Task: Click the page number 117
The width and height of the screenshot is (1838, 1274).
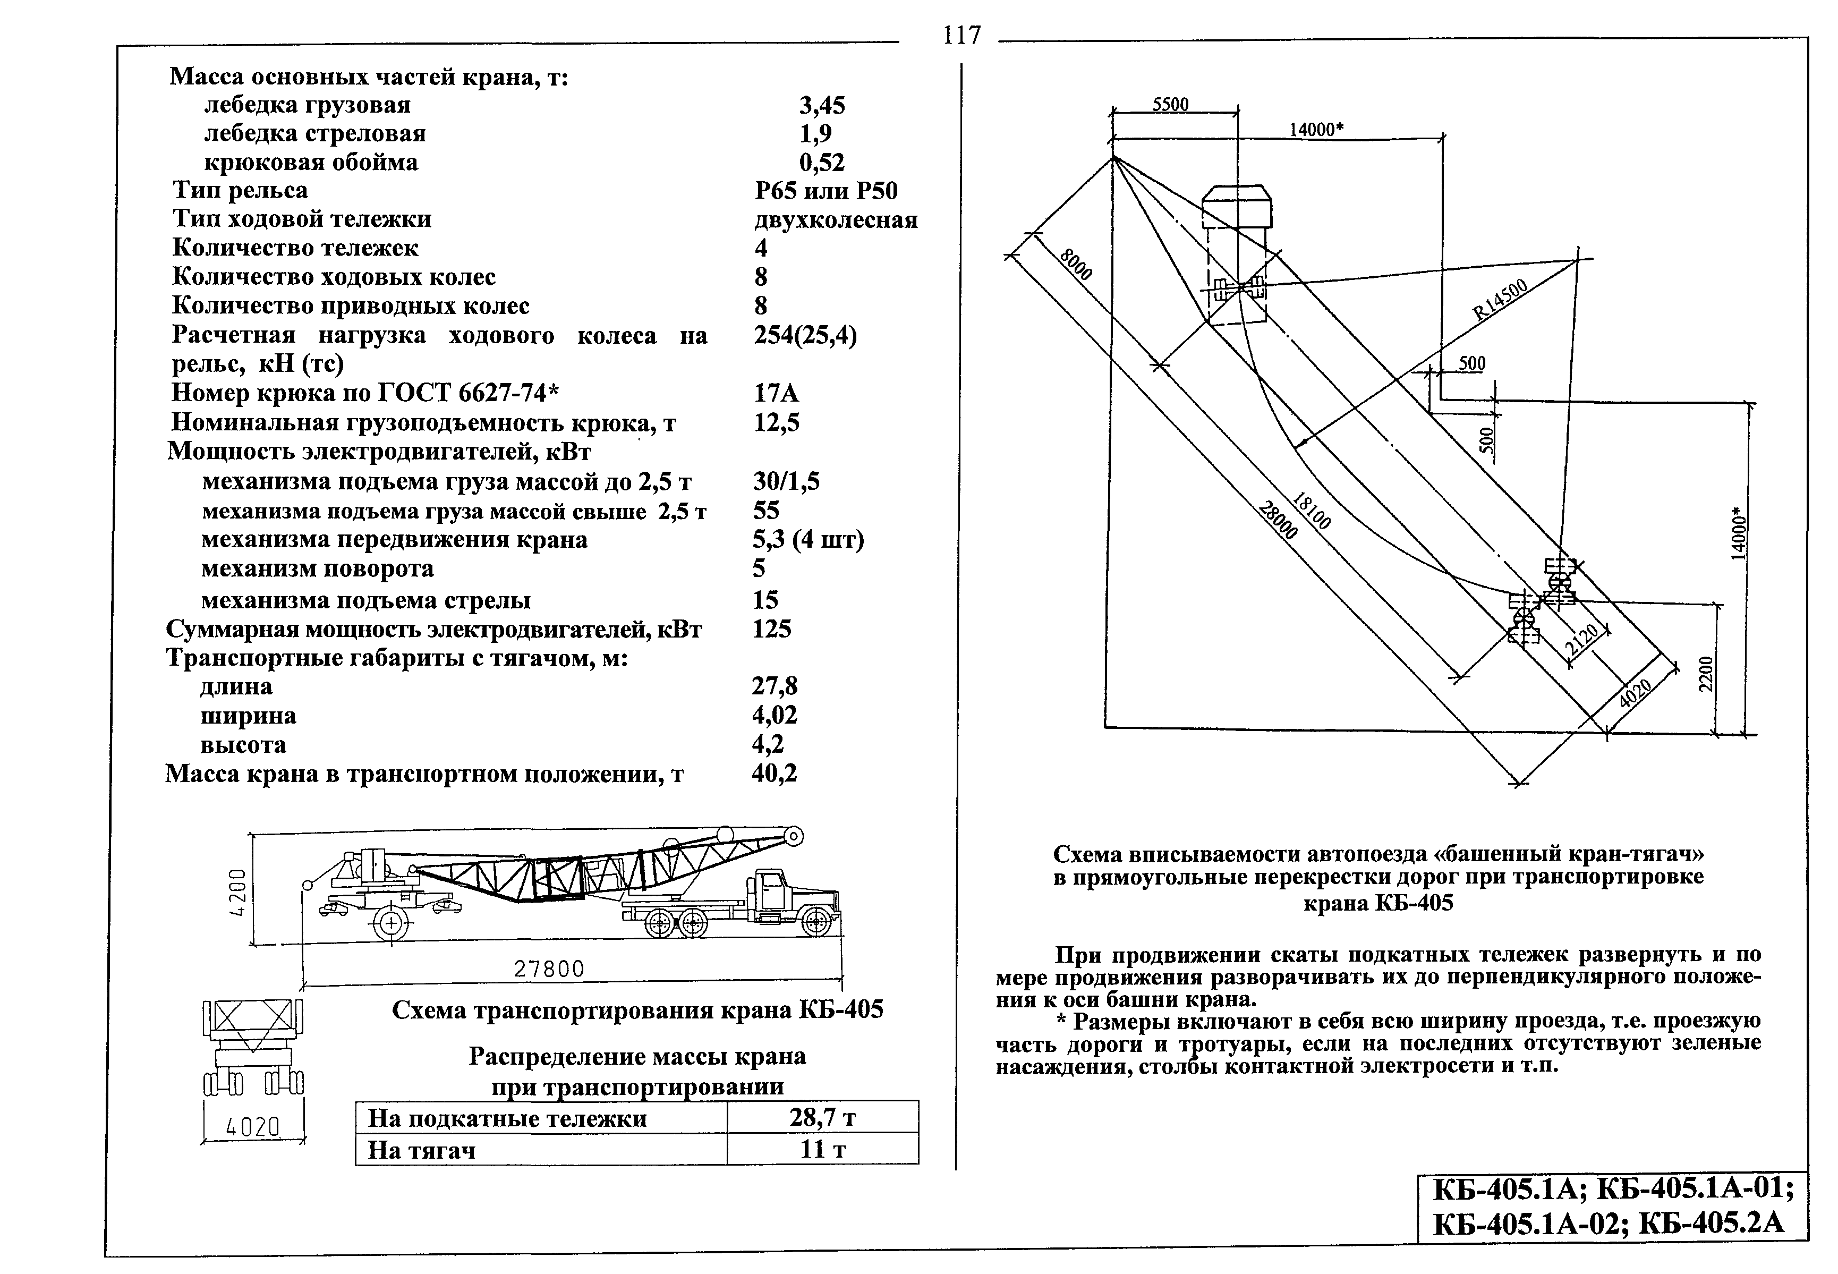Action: coord(961,36)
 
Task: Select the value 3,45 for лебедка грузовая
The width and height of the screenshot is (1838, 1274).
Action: coord(822,105)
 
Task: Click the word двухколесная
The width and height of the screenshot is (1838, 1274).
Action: coord(836,219)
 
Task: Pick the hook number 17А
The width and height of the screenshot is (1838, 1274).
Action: coord(776,393)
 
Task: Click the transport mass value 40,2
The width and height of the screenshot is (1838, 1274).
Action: coord(774,772)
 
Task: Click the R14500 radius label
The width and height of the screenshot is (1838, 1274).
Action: coord(1500,299)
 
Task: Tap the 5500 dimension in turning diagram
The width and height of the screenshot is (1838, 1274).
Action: coord(1171,105)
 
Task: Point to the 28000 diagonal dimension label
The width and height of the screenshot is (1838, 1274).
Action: coord(1279,520)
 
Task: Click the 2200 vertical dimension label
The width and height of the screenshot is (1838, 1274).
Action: coord(1704,675)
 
